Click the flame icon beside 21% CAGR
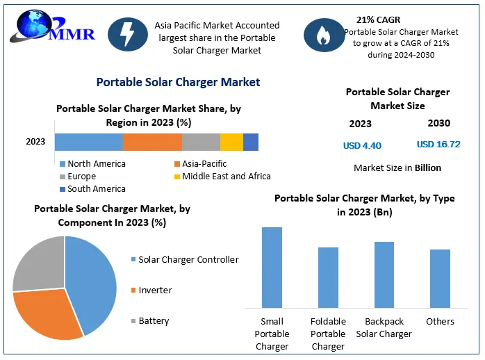[x=324, y=36]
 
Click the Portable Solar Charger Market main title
[x=178, y=82]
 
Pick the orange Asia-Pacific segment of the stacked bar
[x=152, y=142]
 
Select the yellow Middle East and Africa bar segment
[x=231, y=142]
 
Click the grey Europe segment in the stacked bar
[x=201, y=142]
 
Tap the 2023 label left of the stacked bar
[x=35, y=142]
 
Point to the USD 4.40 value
[x=362, y=146]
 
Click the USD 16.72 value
[x=438, y=145]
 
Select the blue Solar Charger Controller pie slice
[x=94, y=281]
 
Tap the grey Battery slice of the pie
[x=38, y=264]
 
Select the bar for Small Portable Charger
[x=272, y=267]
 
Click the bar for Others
[x=440, y=278]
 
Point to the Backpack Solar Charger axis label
[x=384, y=328]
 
